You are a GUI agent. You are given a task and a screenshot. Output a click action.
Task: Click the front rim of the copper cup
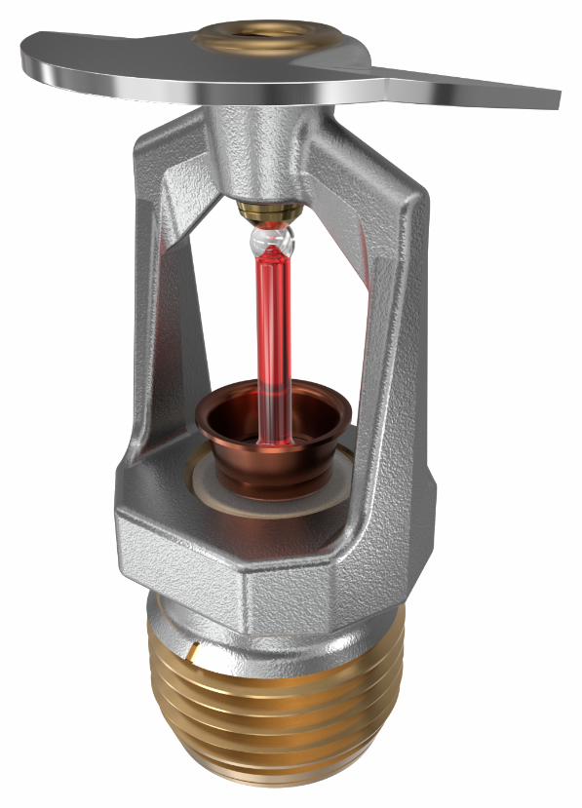coord(273,434)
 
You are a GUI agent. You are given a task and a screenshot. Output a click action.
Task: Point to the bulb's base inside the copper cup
coord(274,439)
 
